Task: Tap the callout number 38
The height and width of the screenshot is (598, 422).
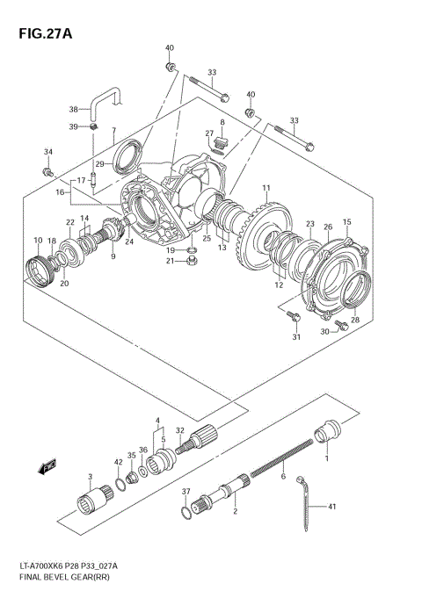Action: click(74, 110)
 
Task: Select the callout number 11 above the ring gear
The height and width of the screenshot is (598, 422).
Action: click(266, 188)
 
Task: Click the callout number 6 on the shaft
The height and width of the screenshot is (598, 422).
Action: click(283, 477)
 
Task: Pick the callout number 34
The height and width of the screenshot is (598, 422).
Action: click(48, 152)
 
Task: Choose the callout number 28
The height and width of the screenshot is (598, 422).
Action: click(354, 321)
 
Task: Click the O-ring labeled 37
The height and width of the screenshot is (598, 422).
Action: click(183, 512)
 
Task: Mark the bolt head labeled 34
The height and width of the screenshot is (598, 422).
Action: click(50, 171)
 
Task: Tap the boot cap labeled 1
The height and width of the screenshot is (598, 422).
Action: click(329, 431)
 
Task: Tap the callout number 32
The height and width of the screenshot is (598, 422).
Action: click(179, 429)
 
